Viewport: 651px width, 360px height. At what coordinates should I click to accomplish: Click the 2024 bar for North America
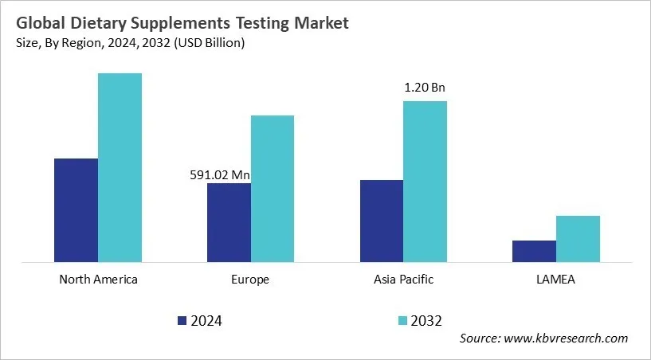tap(76, 210)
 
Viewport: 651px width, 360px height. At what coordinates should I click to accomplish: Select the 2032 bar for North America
tap(120, 167)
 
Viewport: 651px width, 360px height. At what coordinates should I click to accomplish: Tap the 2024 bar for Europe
tap(229, 222)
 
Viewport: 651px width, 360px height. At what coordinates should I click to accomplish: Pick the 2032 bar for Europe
tap(273, 188)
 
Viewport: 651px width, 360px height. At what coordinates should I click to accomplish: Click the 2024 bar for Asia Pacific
tap(381, 221)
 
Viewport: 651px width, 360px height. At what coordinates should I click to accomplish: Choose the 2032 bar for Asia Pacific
tap(425, 181)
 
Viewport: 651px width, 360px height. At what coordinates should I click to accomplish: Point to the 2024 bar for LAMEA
tap(534, 251)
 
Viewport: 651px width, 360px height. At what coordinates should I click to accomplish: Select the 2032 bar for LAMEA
tap(578, 238)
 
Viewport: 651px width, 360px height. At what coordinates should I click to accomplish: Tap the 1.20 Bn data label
tap(424, 88)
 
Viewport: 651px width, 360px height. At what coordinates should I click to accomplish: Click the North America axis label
tap(98, 280)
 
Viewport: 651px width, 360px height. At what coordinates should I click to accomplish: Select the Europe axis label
tap(251, 280)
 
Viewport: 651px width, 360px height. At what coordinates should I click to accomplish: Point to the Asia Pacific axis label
tap(403, 280)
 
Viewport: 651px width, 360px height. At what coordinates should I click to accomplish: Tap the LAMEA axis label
tap(555, 280)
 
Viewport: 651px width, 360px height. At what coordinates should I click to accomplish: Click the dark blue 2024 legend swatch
tap(182, 321)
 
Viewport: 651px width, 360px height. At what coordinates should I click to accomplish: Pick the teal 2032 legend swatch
tap(402, 321)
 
